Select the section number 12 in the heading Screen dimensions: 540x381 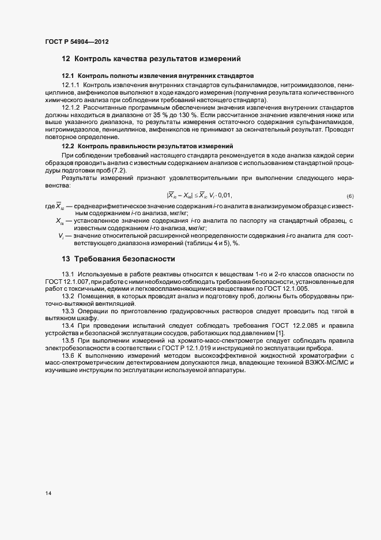pos(66,58)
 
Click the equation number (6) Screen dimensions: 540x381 pos(350,196)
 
